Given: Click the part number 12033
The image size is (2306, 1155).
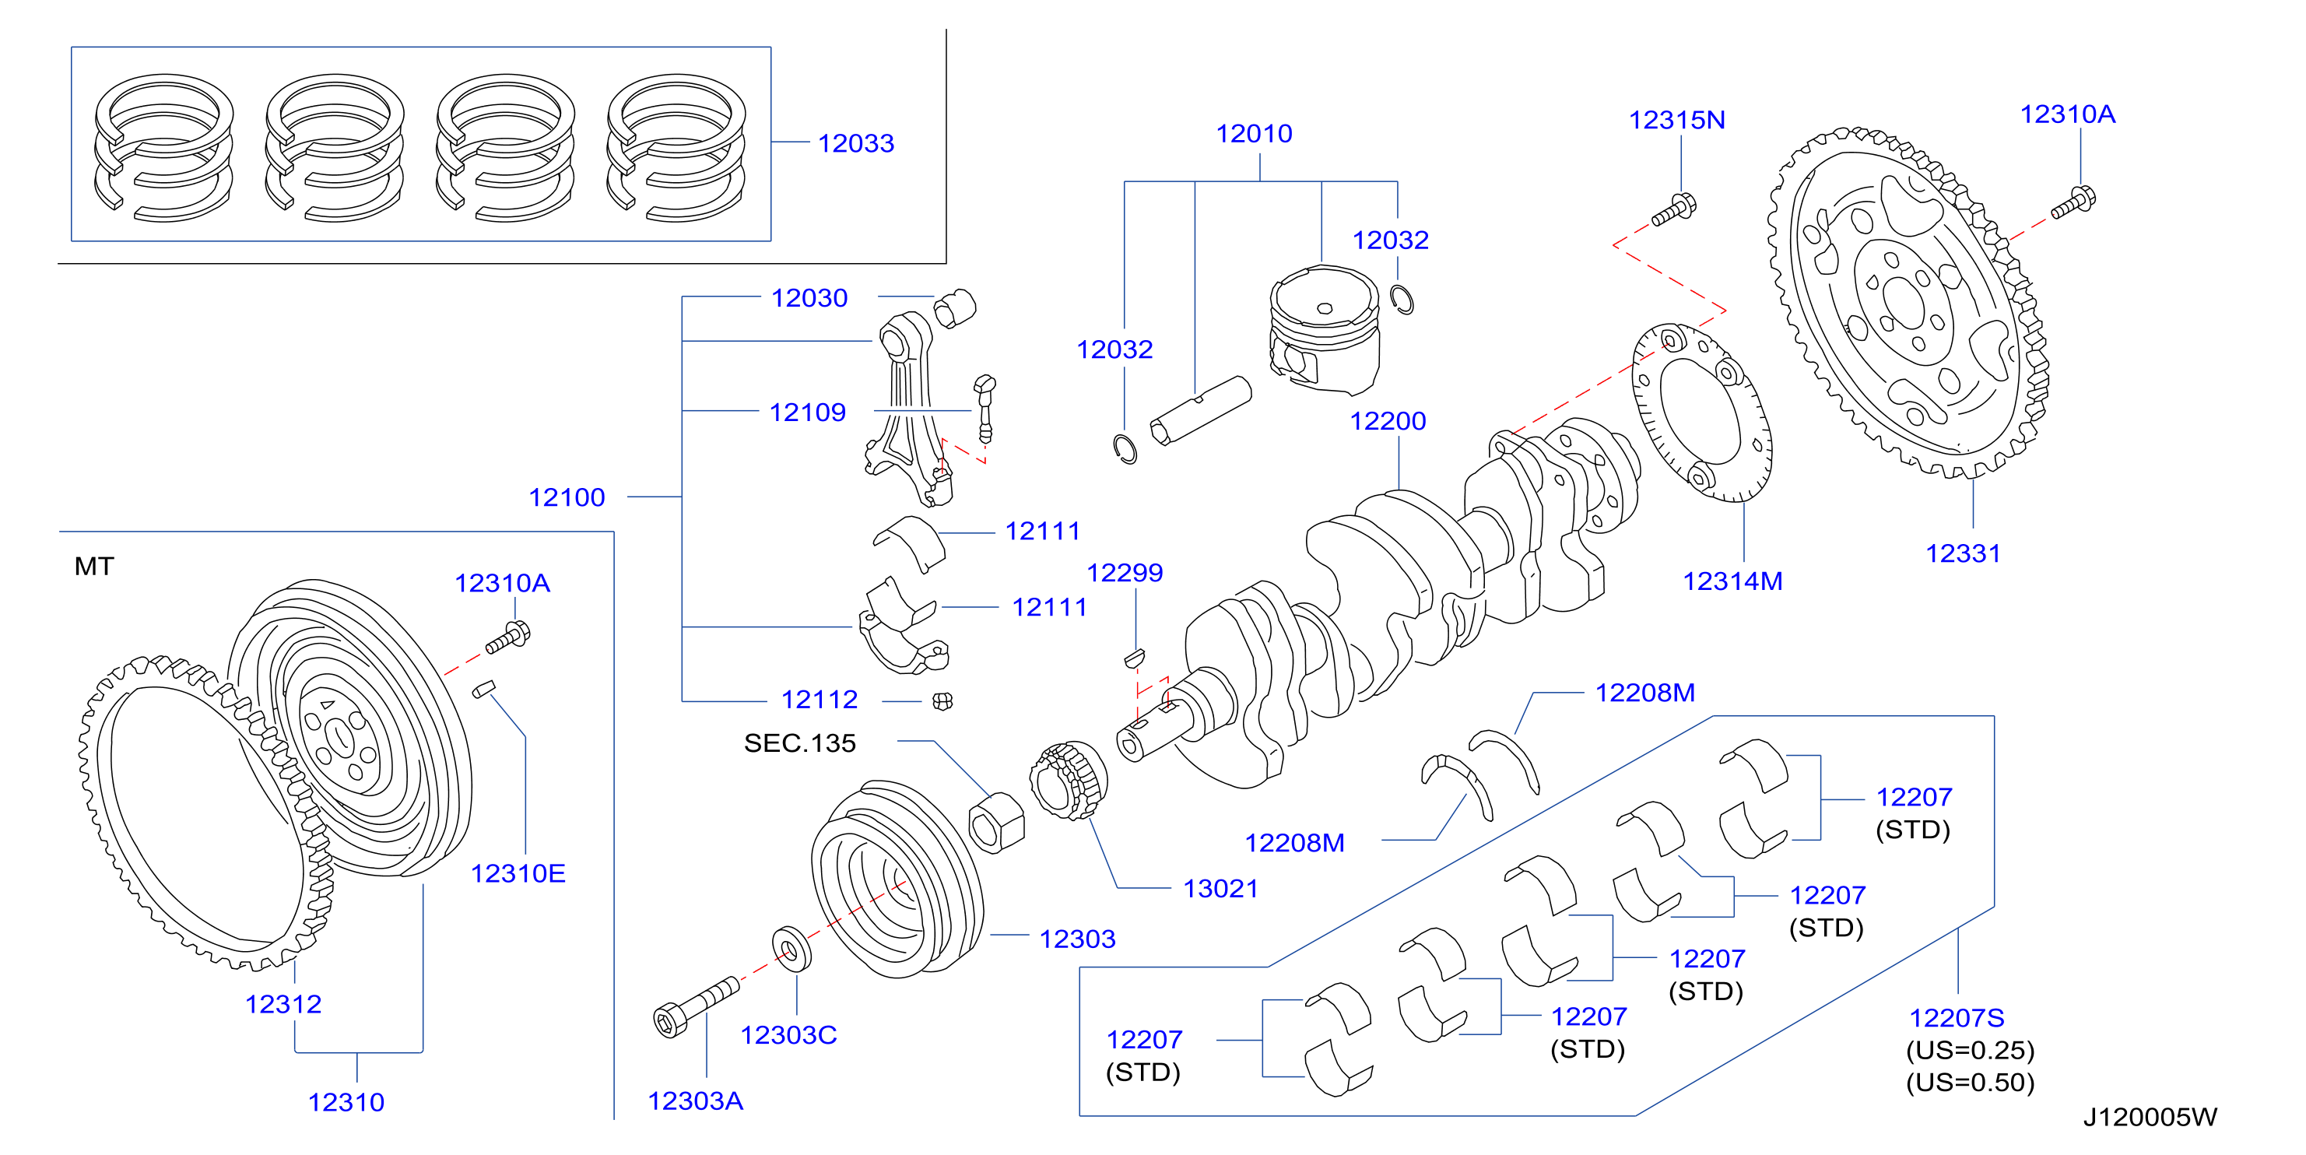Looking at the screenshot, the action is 856,143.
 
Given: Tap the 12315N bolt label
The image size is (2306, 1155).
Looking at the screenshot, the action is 1676,120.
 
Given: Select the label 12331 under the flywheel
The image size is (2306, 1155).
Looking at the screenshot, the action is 1963,553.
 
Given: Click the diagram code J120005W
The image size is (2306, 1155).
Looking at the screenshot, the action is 2150,1118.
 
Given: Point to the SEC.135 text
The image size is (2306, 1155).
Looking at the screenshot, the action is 799,743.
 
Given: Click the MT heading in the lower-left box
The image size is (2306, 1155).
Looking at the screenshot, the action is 94,566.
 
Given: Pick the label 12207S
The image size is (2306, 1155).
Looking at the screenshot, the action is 1957,1018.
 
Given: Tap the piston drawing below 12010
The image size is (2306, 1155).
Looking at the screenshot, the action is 1325,329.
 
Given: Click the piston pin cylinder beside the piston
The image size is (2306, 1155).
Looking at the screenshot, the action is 1200,410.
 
